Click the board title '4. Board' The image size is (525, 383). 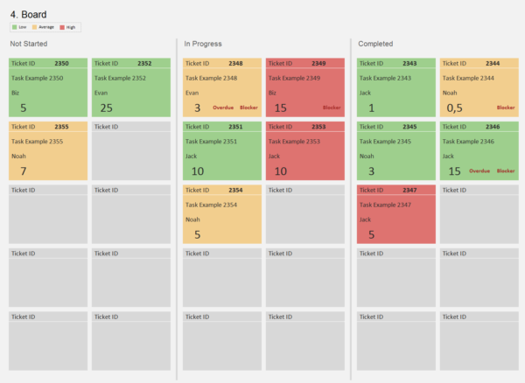[x=29, y=14]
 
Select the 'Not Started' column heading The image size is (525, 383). [x=29, y=44]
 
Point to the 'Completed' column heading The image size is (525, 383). [x=375, y=44]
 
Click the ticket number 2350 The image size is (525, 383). [x=61, y=64]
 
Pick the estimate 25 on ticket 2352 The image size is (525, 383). [x=107, y=108]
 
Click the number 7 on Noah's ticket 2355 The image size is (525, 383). [x=24, y=171]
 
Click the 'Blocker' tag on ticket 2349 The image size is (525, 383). [x=332, y=108]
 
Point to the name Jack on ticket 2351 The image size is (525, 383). [x=192, y=157]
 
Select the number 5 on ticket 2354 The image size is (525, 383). [x=197, y=234]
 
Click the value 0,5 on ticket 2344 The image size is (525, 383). [x=454, y=108]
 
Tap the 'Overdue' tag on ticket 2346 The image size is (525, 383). [x=481, y=171]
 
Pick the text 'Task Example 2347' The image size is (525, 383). [x=388, y=204]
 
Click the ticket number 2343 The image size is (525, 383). [x=409, y=64]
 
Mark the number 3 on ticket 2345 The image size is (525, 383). [x=371, y=171]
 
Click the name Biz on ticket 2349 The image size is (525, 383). [x=273, y=93]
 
